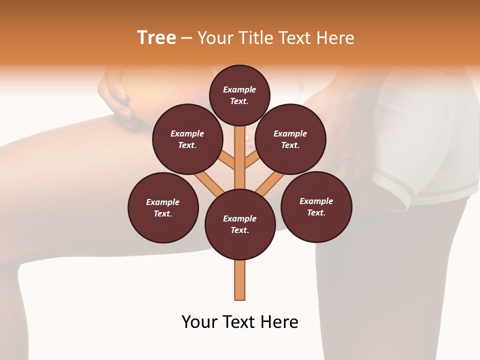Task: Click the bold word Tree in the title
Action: [x=156, y=38]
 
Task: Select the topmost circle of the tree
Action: [x=239, y=95]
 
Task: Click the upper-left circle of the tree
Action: [x=187, y=139]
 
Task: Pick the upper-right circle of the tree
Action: [x=290, y=139]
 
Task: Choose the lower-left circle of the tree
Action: [x=163, y=207]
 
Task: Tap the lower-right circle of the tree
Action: [x=316, y=206]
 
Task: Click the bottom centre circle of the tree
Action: [x=240, y=224]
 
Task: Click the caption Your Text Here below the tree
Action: [x=240, y=322]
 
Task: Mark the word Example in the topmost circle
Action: [x=239, y=89]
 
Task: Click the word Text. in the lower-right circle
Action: [x=316, y=212]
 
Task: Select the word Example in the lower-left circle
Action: [x=163, y=202]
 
